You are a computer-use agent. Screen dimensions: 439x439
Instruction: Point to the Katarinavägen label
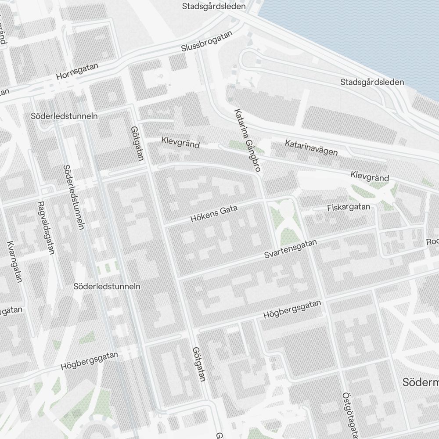[311, 148]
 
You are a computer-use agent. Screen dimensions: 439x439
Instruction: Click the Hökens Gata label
[214, 214]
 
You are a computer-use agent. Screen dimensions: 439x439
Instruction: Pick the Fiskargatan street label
[349, 207]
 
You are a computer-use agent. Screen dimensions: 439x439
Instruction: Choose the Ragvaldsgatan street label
[46, 228]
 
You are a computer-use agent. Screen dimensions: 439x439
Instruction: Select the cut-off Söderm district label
[420, 382]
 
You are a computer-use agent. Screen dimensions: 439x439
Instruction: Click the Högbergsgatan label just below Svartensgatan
[292, 309]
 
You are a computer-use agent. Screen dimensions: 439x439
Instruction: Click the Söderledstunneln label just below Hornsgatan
[65, 116]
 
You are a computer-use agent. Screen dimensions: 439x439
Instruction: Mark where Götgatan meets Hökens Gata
[163, 225]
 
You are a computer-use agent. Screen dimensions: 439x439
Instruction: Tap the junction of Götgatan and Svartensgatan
[179, 278]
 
